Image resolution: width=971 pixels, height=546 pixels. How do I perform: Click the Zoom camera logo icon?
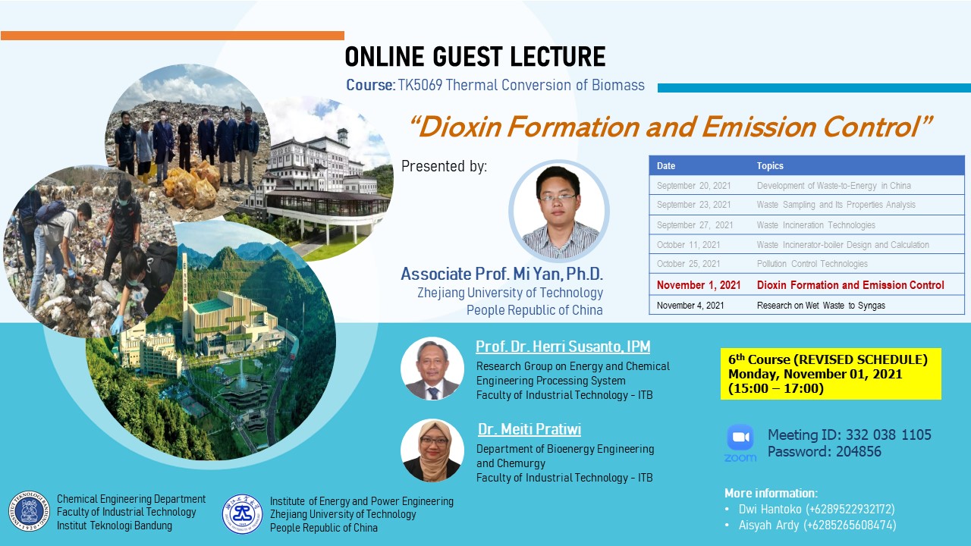coord(740,438)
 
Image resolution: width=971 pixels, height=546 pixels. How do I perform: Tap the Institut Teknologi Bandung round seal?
coord(29,511)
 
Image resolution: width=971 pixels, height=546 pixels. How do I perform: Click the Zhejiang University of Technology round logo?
coord(242,514)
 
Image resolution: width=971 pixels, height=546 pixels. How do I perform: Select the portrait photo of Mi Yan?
coord(559,212)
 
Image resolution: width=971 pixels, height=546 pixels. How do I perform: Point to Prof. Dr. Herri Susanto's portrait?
coord(432,369)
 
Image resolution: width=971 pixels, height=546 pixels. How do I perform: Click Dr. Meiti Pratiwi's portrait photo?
coord(432,450)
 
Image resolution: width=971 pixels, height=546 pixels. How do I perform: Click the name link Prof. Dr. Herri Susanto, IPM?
coord(563,347)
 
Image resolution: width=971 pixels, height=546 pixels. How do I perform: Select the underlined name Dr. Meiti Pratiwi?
coord(529,429)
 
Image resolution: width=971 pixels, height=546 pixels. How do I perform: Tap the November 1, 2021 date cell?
coord(699,285)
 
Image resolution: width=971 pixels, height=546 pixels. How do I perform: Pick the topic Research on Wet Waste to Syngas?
coord(821,306)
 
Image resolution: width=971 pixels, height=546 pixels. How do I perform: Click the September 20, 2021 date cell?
coord(693,186)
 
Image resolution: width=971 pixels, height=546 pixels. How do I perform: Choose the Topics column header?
coord(770,165)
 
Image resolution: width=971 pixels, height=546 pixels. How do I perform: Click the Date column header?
coord(666,165)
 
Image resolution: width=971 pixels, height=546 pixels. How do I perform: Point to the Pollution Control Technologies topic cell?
coord(812,264)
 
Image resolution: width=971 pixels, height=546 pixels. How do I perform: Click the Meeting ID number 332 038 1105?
coord(888,435)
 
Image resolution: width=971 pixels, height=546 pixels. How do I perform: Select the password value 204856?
coord(858,451)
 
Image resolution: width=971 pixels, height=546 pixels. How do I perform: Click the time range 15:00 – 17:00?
coord(776,388)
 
